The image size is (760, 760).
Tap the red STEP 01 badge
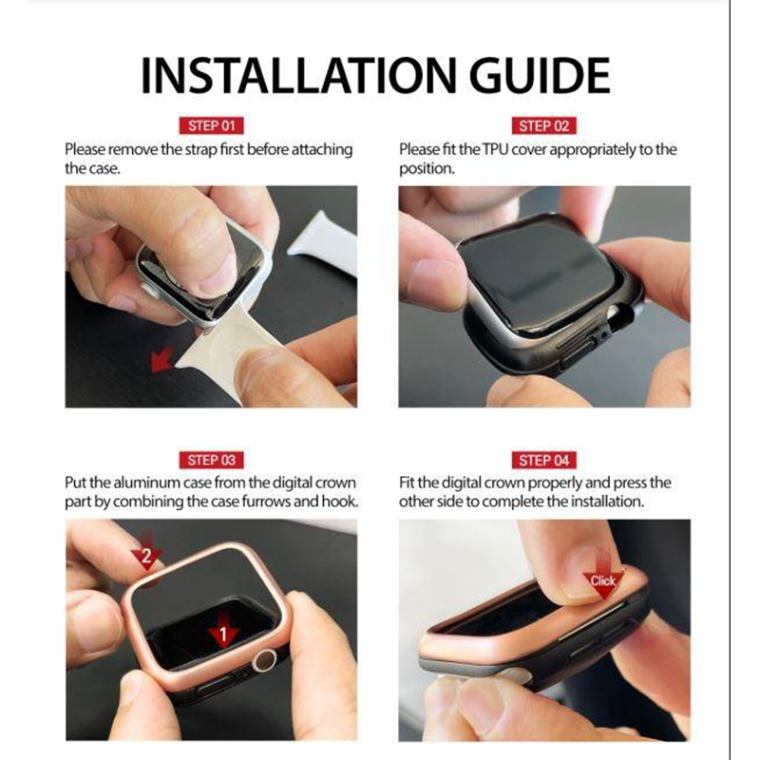pos(211,125)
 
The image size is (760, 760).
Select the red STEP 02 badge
pos(543,125)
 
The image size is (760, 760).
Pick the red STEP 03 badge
pos(211,460)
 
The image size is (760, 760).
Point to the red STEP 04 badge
pos(543,460)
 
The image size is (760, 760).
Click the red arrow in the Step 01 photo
pos(161,360)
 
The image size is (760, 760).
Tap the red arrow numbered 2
pos(146,552)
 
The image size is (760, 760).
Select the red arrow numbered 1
pos(223,629)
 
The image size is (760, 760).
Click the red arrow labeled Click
pos(603,577)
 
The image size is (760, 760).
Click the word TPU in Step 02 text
pos(495,149)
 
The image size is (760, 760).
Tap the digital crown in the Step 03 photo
pos(265,660)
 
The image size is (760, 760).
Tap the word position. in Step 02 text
pos(427,169)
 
